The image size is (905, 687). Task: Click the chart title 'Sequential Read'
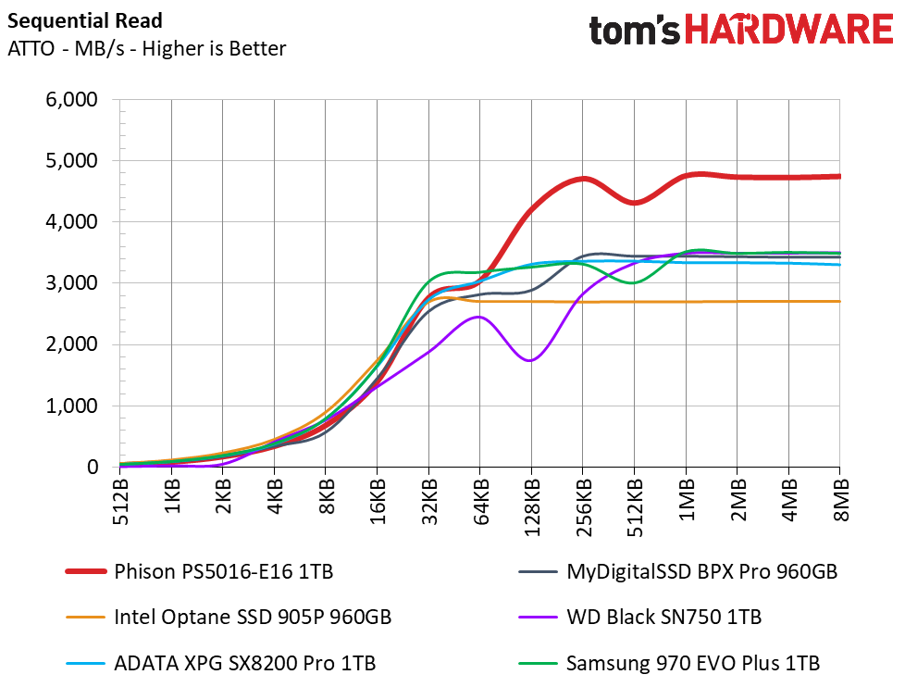[x=85, y=20]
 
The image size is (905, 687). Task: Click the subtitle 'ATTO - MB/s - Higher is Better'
[x=146, y=48]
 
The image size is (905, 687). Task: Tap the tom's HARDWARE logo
[x=741, y=30]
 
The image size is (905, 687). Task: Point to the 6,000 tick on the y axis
[x=71, y=99]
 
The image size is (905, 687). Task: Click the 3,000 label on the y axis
[x=71, y=283]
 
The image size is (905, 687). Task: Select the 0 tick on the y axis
[x=93, y=467]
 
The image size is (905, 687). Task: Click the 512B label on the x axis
[x=120, y=502]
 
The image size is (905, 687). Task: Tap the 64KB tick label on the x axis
[x=480, y=502]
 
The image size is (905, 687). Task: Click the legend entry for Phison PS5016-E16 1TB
[x=200, y=571]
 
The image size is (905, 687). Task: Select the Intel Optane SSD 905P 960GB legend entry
[x=229, y=618]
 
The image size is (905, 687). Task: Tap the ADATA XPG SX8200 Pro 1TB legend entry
[x=221, y=663]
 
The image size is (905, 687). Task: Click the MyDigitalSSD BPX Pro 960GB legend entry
[x=677, y=571]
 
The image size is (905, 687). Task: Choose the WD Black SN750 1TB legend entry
[x=640, y=618]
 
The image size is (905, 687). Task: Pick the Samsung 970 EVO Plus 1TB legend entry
[x=669, y=663]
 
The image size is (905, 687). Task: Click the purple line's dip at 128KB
[x=530, y=360]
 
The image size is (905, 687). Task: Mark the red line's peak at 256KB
[x=583, y=179]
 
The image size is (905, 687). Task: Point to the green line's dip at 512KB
[x=634, y=282]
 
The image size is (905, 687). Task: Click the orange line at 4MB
[x=789, y=301]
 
